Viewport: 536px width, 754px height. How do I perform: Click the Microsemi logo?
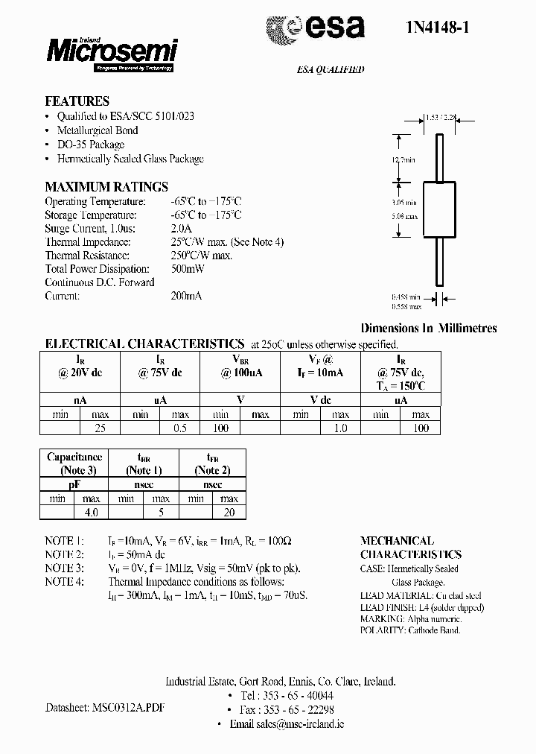pyautogui.click(x=112, y=51)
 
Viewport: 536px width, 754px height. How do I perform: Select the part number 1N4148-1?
pyautogui.click(x=433, y=30)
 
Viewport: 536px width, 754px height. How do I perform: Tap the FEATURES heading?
pyautogui.click(x=77, y=101)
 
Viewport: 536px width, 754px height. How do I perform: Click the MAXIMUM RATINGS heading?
pyautogui.click(x=106, y=187)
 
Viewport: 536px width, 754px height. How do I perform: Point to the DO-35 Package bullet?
pyautogui.click(x=91, y=145)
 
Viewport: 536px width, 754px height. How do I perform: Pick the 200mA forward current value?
pyautogui.click(x=186, y=296)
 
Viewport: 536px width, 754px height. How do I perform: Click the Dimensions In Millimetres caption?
pyautogui.click(x=428, y=328)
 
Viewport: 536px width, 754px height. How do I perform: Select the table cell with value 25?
pyautogui.click(x=99, y=428)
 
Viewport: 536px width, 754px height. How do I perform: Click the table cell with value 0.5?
pyautogui.click(x=179, y=428)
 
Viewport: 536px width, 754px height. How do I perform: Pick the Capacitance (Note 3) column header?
pyautogui.click(x=74, y=463)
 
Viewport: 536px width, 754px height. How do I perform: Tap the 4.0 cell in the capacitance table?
pyautogui.click(x=91, y=512)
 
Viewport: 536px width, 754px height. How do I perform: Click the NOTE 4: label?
pyautogui.click(x=65, y=581)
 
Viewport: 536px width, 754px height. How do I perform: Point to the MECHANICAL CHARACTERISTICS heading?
pyautogui.click(x=410, y=548)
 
